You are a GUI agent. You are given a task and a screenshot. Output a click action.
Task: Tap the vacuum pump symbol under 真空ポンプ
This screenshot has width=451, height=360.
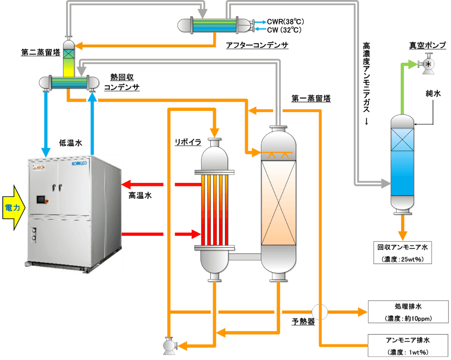(429, 64)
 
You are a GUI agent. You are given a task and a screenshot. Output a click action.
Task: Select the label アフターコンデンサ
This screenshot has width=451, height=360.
(257, 46)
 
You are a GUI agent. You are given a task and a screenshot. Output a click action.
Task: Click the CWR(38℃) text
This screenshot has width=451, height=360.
(285, 22)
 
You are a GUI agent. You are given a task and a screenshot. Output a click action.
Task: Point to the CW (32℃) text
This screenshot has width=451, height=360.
(284, 30)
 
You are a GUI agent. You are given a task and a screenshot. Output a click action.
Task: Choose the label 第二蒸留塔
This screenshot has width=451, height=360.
(41, 53)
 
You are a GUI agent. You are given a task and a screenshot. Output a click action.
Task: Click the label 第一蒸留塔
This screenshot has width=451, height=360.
(311, 99)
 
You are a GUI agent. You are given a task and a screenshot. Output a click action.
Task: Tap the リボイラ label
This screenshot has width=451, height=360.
(188, 142)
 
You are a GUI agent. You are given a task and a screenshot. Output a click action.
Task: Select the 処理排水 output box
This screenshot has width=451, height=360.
(408, 312)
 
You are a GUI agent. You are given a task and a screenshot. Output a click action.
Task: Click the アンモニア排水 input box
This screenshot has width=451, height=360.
(408, 346)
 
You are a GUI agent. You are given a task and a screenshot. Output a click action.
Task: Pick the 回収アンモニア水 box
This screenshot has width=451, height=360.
(403, 253)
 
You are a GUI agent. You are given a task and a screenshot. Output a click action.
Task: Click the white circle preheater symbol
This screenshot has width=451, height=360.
(320, 312)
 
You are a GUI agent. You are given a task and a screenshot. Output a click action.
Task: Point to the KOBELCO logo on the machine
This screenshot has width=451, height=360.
(79, 163)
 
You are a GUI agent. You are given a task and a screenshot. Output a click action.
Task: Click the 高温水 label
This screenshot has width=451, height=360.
(140, 196)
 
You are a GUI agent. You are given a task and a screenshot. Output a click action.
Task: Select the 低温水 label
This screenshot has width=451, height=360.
(71, 143)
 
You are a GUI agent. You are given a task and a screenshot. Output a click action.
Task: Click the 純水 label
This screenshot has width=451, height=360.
(433, 93)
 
